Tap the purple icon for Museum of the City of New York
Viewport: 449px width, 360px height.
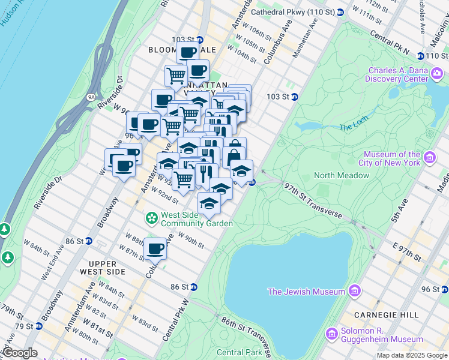point(430,158)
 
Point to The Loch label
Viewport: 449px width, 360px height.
point(352,127)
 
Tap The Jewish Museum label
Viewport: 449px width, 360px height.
point(306,292)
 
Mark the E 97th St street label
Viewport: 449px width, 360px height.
point(406,251)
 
